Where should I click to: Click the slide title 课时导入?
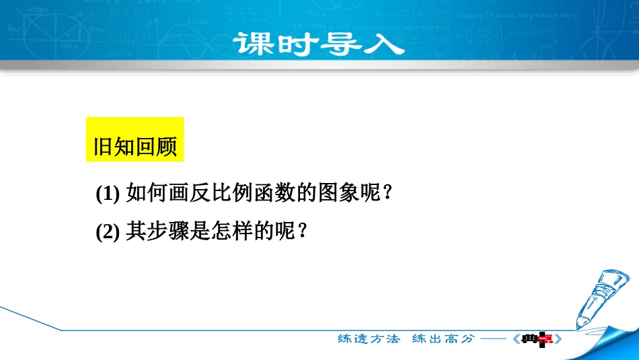pyautogui.click(x=319, y=44)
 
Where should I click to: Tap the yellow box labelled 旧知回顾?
pyautogui.click(x=135, y=139)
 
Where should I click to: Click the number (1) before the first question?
pyautogui.click(x=108, y=193)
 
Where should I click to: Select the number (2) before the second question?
pyautogui.click(x=108, y=232)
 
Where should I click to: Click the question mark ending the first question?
pyautogui.click(x=387, y=192)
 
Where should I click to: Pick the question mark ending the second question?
pyautogui.click(x=303, y=231)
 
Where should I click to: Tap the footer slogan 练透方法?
pyautogui.click(x=369, y=338)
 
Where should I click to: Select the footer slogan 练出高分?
pyautogui.click(x=443, y=338)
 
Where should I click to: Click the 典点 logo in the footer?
pyautogui.click(x=537, y=339)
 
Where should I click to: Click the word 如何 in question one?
pyautogui.click(x=147, y=192)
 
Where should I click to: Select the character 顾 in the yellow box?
pyautogui.click(x=166, y=147)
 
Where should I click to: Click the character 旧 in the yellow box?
pyautogui.click(x=104, y=147)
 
